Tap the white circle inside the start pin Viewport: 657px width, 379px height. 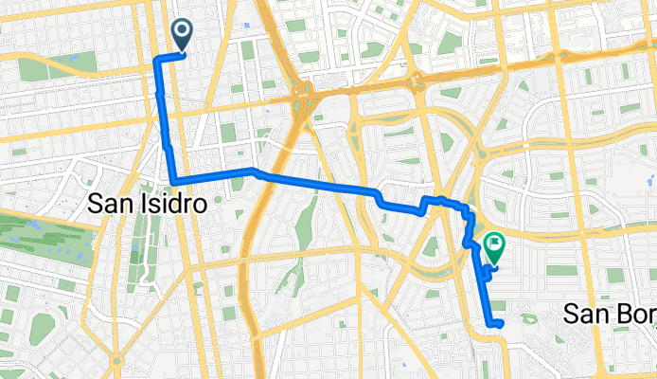click(182, 32)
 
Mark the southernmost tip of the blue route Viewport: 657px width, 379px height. click(493, 326)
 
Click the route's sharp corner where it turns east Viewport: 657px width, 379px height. click(173, 180)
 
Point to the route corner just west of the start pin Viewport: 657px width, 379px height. click(156, 59)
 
